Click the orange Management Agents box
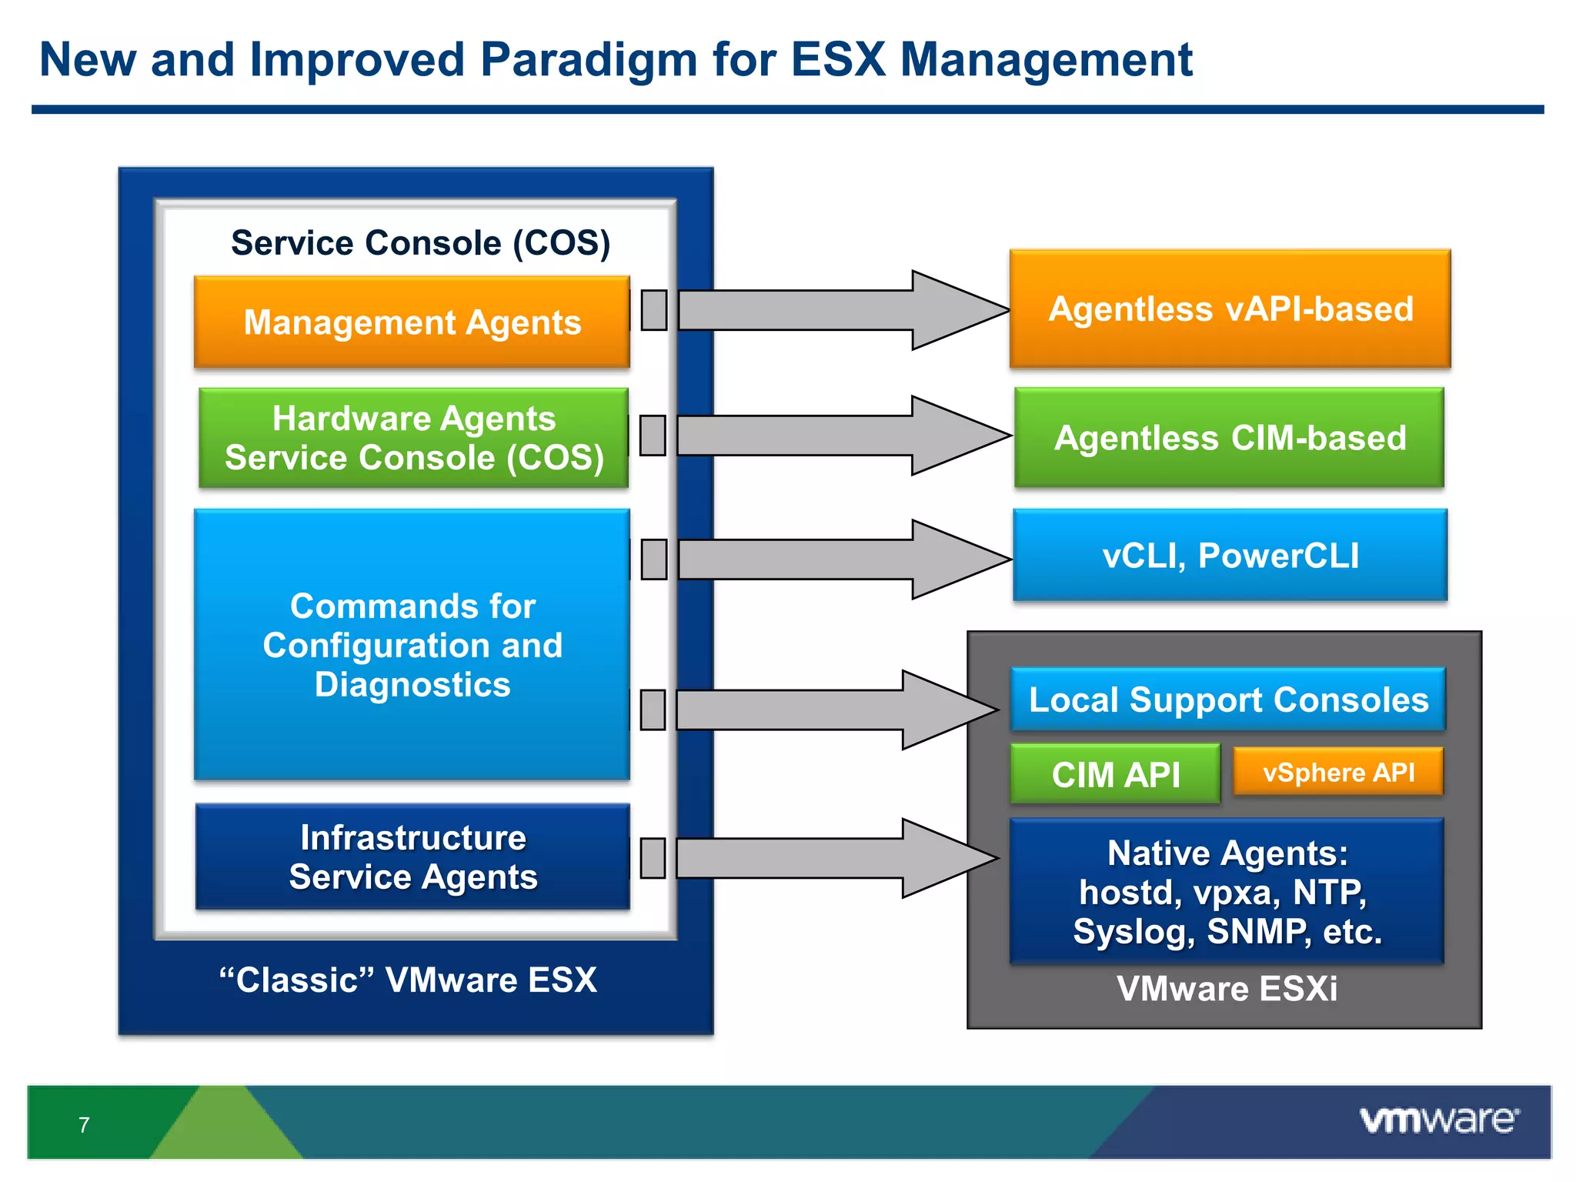coord(412,322)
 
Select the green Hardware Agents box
coord(413,438)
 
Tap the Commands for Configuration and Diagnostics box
coord(412,645)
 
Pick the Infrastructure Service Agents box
coord(412,856)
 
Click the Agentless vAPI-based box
coord(1230,309)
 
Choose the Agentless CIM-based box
coord(1229,438)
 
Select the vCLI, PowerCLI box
coord(1230,555)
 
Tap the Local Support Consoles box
coord(1228,700)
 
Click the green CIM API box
coord(1115,774)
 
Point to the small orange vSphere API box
coord(1338,772)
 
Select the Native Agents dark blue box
coord(1227,891)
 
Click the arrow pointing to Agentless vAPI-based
coord(839,310)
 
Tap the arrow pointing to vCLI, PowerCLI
coord(839,559)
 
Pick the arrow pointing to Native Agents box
coord(831,858)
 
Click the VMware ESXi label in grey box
coord(1227,989)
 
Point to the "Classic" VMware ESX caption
coord(408,980)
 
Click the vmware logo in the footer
coord(1438,1120)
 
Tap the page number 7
coord(84,1125)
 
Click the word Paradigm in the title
coord(588,59)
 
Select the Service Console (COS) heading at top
coord(420,242)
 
